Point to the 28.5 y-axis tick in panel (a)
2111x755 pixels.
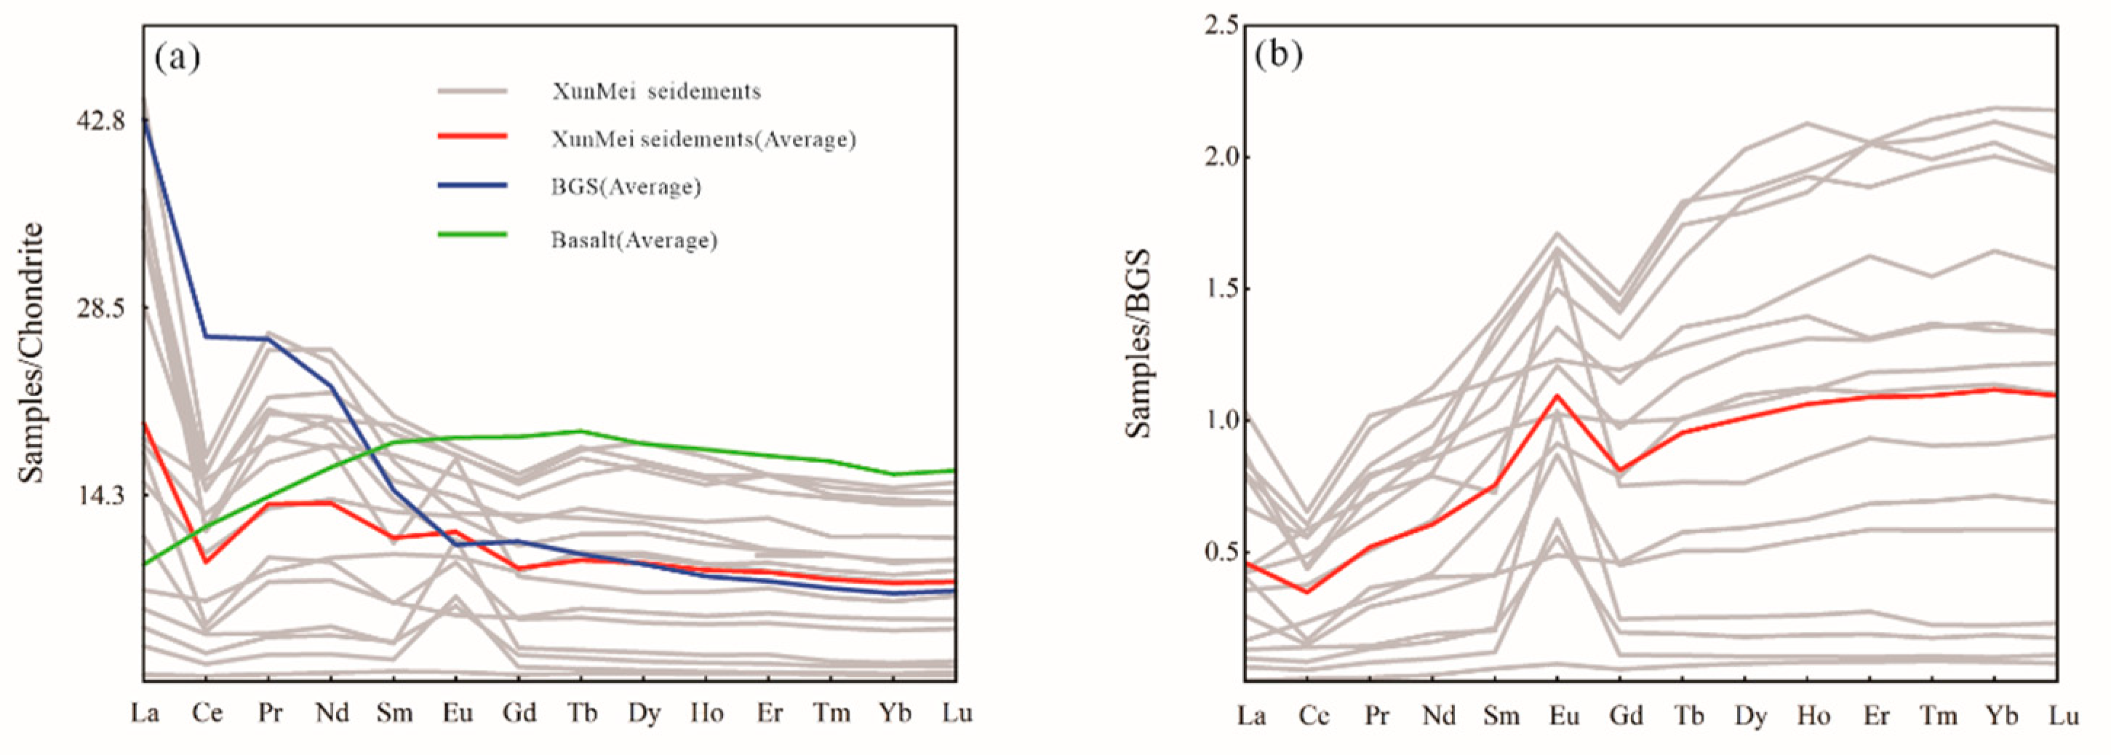pos(101,308)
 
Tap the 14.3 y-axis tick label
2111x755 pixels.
pos(101,495)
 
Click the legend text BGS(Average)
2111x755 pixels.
pos(626,187)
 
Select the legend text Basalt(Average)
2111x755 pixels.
pos(634,240)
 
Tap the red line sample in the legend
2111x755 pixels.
pos(472,135)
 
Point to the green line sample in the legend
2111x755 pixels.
pos(472,235)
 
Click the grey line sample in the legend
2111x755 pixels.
pos(472,90)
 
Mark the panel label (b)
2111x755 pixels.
pos(1277,55)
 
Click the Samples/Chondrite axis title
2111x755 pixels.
pos(31,352)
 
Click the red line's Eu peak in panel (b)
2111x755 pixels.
pos(1557,396)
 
